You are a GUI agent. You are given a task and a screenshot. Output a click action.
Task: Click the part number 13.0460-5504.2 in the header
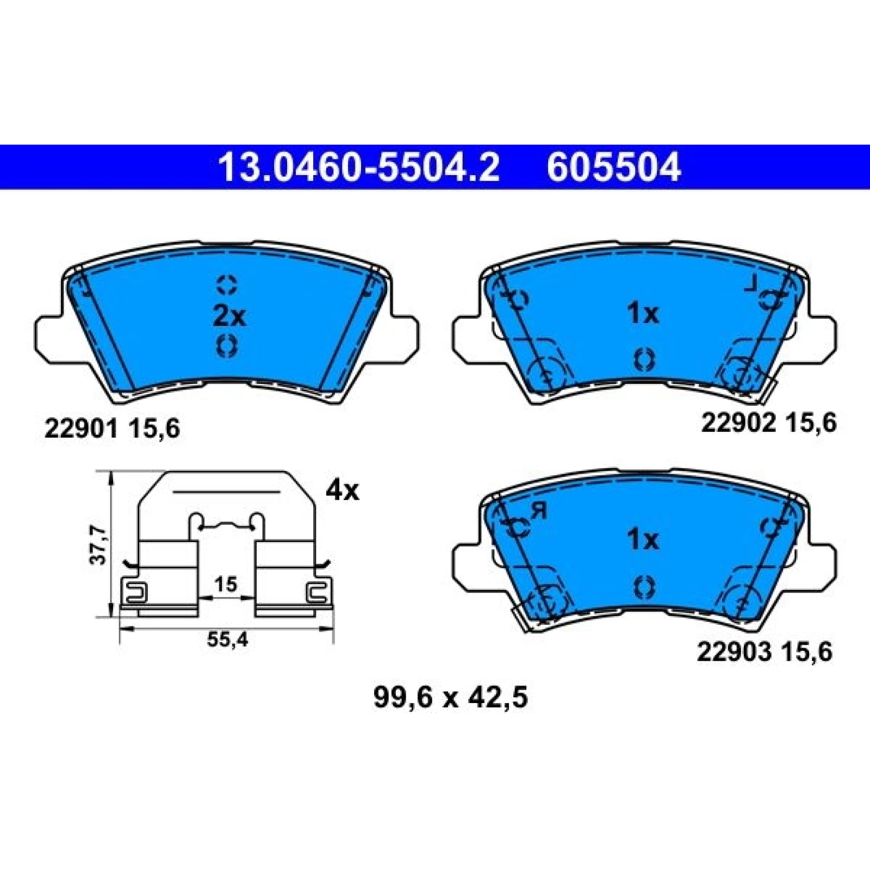point(358,167)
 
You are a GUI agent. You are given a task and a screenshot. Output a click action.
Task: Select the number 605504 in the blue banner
point(613,167)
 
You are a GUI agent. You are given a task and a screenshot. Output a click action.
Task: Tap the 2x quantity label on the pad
point(229,316)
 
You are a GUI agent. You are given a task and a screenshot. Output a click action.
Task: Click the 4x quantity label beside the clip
point(342,491)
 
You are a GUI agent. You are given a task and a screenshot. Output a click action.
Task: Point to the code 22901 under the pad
point(81,429)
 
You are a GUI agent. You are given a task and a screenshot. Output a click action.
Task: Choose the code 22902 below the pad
point(738,422)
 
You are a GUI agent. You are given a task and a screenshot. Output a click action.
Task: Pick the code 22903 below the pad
point(735,651)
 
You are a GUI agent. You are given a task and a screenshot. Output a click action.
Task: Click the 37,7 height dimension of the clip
point(98,544)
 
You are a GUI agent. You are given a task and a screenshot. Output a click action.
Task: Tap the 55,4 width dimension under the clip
point(227,640)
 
